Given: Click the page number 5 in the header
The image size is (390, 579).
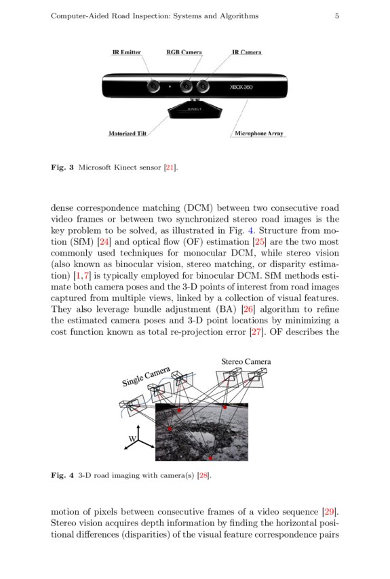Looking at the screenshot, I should pyautogui.click(x=336, y=16).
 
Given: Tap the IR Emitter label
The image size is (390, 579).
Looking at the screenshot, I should pyautogui.click(x=126, y=52).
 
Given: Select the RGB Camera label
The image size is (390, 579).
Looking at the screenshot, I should pyautogui.click(x=184, y=52).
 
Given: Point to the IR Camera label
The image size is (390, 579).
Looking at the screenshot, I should pyautogui.click(x=246, y=52).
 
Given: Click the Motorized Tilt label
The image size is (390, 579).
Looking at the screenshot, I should pyautogui.click(x=128, y=134).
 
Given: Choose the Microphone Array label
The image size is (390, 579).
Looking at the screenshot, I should pyautogui.click(x=258, y=134).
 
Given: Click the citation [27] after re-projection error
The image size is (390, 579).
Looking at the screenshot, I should pyautogui.click(x=256, y=332).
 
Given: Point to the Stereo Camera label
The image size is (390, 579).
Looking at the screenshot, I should pyautogui.click(x=246, y=362).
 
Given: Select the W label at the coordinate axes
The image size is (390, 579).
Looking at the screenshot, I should pyautogui.click(x=132, y=440).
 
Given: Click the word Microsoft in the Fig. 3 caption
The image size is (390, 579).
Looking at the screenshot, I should pyautogui.click(x=95, y=167).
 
